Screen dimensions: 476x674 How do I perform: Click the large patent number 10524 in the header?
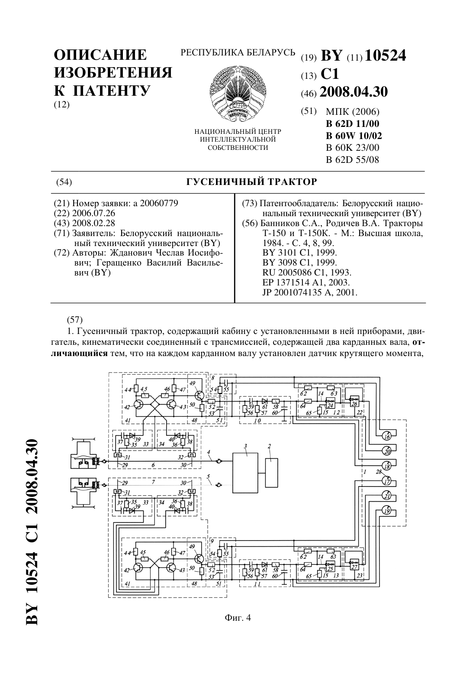pyautogui.click(x=385, y=56)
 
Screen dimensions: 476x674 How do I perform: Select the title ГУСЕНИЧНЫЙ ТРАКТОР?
pyautogui.click(x=252, y=182)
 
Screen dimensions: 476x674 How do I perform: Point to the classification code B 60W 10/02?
pyautogui.click(x=354, y=136)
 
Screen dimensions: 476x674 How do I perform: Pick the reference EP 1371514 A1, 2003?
pyautogui.click(x=306, y=282)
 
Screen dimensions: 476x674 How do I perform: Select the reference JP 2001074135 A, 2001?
pyautogui.click(x=310, y=292)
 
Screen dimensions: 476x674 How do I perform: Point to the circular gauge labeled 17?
pyautogui.click(x=387, y=482)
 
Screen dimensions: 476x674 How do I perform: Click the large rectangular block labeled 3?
pyautogui.click(x=245, y=473)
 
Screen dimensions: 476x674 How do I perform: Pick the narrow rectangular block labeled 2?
pyautogui.click(x=271, y=473)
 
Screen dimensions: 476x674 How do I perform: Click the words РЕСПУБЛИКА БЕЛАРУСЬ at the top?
pyautogui.click(x=238, y=53)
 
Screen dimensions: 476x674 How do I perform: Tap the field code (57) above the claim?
pyautogui.click(x=74, y=319)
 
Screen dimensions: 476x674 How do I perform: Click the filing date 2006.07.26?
pyautogui.click(x=94, y=214)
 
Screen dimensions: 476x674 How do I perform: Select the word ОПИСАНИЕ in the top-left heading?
pyautogui.click(x=100, y=55)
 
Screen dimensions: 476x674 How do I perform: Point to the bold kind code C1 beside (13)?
pyautogui.click(x=330, y=74)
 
